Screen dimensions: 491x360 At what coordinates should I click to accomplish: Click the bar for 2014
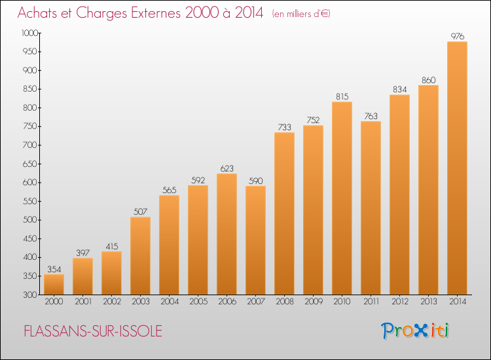[457, 168]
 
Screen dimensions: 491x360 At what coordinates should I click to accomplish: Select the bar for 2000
[54, 285]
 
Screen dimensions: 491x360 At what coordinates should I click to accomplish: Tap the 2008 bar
[284, 213]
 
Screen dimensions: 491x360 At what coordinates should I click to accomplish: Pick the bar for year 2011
[371, 208]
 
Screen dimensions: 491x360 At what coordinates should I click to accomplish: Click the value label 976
[457, 36]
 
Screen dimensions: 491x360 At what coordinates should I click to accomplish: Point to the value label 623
[227, 168]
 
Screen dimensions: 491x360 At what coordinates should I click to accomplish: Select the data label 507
[140, 211]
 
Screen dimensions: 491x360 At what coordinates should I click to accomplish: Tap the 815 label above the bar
[342, 96]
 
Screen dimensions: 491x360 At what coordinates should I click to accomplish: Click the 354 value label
[54, 269]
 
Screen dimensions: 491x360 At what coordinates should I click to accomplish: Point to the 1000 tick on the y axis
[29, 33]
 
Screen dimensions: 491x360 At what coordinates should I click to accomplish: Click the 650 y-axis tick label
[30, 164]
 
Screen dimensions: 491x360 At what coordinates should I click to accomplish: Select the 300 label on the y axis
[30, 295]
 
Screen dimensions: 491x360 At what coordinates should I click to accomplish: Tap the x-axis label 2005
[198, 301]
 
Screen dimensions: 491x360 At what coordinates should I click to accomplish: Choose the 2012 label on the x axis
[400, 301]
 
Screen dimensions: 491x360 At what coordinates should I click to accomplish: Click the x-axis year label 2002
[112, 301]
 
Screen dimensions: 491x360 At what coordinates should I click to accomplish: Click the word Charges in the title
[101, 13]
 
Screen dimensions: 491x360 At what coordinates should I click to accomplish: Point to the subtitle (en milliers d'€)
[301, 14]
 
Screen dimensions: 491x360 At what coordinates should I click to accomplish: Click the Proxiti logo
[415, 331]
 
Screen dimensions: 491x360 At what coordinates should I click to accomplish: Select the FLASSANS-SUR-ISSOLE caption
[93, 331]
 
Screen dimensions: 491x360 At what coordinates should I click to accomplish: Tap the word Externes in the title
[156, 12]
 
